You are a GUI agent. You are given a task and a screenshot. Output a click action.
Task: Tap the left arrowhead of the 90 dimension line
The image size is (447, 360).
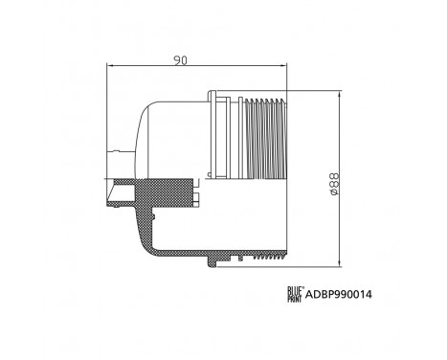pyautogui.click(x=107, y=68)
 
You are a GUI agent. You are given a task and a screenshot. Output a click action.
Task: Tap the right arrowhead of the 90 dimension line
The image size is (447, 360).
pyautogui.click(x=284, y=68)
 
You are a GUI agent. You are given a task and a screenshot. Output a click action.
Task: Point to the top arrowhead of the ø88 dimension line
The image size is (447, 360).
pyautogui.click(x=342, y=93)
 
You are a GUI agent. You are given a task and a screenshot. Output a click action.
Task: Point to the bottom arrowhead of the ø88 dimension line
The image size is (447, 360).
pyautogui.click(x=342, y=263)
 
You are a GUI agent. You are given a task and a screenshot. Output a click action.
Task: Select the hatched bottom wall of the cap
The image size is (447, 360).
pyautogui.click(x=220, y=251)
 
